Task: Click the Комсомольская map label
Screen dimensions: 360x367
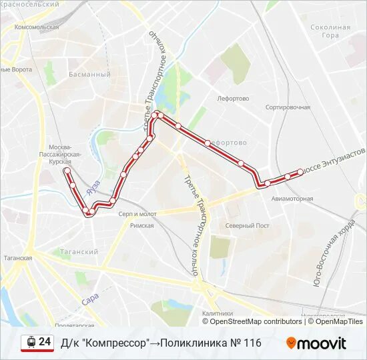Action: (x=37, y=27)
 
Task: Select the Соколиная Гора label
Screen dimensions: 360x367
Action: (x=330, y=31)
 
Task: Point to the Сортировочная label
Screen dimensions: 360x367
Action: (x=288, y=107)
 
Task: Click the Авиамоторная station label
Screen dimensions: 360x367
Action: (x=292, y=199)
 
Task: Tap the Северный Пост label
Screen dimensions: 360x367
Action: (x=247, y=225)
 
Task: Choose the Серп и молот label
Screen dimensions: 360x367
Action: (x=137, y=214)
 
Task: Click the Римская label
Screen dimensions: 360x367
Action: (x=141, y=225)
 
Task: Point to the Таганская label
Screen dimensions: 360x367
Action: (x=16, y=257)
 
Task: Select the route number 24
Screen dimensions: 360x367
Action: (x=45, y=342)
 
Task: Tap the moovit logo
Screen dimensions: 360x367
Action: (x=316, y=343)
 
